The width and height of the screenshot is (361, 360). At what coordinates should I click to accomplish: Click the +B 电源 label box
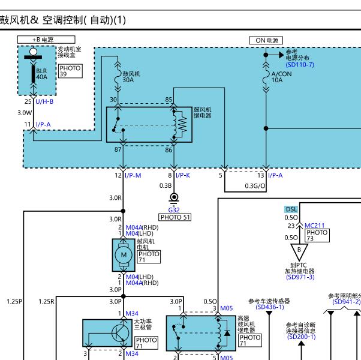pos(46,40)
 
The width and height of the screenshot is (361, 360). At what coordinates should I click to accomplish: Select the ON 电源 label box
pos(266,41)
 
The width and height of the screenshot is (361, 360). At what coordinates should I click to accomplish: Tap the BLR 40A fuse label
pos(41,74)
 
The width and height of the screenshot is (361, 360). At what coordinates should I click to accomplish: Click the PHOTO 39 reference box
pos(70,71)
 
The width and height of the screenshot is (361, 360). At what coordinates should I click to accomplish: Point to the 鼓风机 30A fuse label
pos(131,77)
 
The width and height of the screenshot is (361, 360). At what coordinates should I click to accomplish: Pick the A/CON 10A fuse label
pos(282,77)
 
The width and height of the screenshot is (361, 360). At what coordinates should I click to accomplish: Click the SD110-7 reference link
pos(300,64)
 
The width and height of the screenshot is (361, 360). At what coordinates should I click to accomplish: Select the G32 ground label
pos(174,210)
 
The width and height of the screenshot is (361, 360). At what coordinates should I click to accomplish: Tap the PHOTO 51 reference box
pos(175,217)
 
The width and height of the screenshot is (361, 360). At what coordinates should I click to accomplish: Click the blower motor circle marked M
pos(124,255)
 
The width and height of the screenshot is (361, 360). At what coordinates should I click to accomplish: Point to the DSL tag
pos(291,209)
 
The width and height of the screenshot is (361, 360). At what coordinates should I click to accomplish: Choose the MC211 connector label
pos(314,226)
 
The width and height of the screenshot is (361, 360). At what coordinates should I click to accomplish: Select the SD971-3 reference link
pos(300,277)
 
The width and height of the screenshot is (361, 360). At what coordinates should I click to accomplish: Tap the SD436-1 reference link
pos(270,307)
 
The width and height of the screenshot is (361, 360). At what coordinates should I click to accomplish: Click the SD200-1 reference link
pos(301,337)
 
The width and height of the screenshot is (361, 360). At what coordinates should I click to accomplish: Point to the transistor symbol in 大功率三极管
pos(120,333)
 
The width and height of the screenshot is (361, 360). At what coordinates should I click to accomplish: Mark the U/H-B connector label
pos(44,101)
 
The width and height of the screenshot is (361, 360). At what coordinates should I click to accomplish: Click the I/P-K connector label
pos(183,176)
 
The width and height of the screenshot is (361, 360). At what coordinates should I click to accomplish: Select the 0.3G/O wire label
pos(255,186)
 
